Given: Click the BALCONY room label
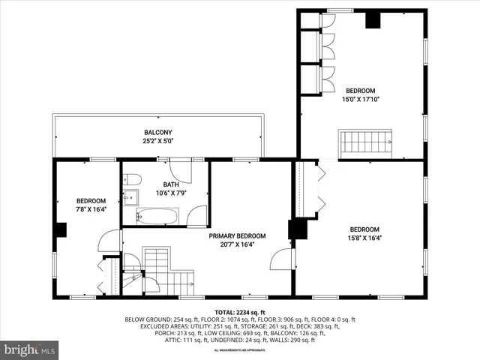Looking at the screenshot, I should point(157,133).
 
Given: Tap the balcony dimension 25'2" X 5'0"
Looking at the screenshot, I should point(157,141).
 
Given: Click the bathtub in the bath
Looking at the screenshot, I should point(157,217).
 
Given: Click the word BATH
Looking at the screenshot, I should point(170,184).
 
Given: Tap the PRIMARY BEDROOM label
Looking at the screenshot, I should point(237,235).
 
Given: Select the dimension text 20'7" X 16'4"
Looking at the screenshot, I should point(237,244).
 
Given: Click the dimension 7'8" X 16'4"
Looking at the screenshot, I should point(91,210).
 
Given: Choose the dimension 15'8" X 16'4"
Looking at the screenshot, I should point(364,238).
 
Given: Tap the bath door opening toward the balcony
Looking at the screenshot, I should point(180,170).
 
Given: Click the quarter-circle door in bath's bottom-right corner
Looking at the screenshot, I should point(197,215).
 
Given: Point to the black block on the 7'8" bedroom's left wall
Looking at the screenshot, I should point(60,229).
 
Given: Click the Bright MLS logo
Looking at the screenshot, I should point(30,349).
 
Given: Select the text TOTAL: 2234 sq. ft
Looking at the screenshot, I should point(240,312).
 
